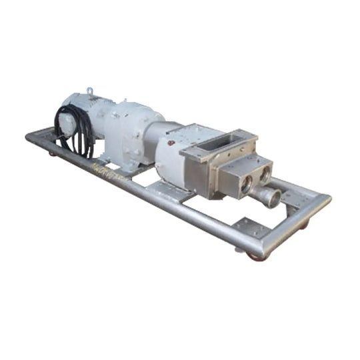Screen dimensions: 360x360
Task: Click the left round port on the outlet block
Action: pyautogui.click(x=247, y=182)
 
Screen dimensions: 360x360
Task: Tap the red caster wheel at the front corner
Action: pyautogui.click(x=255, y=256)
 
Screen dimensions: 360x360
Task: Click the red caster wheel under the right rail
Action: pyautogui.click(x=304, y=225)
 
